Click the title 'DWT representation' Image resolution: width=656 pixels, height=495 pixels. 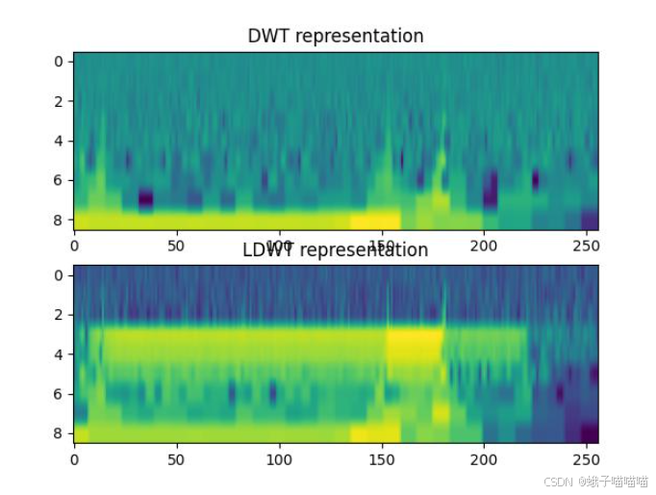[335, 37]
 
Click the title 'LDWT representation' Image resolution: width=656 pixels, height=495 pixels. [335, 250]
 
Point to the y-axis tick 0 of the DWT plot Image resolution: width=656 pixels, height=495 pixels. [58, 62]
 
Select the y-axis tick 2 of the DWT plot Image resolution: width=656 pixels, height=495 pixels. [58, 101]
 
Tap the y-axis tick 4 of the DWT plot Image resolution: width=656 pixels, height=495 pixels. [58, 141]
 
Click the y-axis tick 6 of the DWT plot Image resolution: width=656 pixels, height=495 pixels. [58, 180]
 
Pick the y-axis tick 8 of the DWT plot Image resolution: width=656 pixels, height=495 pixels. [58, 220]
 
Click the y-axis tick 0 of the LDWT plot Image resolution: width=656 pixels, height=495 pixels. [58, 275]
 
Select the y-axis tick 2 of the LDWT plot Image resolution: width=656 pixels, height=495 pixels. [58, 315]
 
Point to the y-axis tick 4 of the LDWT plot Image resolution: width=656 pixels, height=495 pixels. [58, 354]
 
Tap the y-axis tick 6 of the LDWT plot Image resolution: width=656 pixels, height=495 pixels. [58, 394]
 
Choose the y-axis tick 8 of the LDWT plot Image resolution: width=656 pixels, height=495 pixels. [58, 433]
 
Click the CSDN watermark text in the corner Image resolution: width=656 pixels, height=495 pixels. [594, 481]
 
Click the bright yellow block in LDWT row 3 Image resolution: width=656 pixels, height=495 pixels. [415, 345]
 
